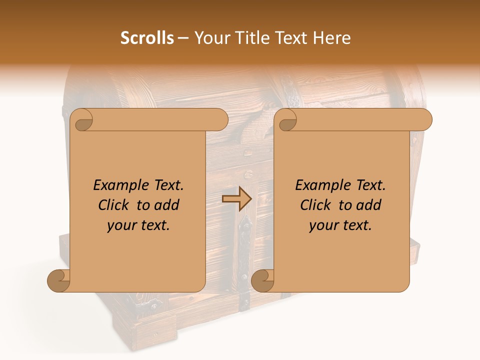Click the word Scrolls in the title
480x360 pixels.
[147, 38]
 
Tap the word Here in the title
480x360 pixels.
[331, 38]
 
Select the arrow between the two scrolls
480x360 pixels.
[236, 198]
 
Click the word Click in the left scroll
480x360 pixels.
[114, 205]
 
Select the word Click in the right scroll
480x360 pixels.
[316, 205]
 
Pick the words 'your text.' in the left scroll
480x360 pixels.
[138, 225]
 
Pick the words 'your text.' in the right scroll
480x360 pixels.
[340, 225]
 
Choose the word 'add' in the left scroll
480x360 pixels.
[167, 205]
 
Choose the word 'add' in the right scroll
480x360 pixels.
[369, 205]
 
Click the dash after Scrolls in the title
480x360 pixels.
[182, 38]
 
